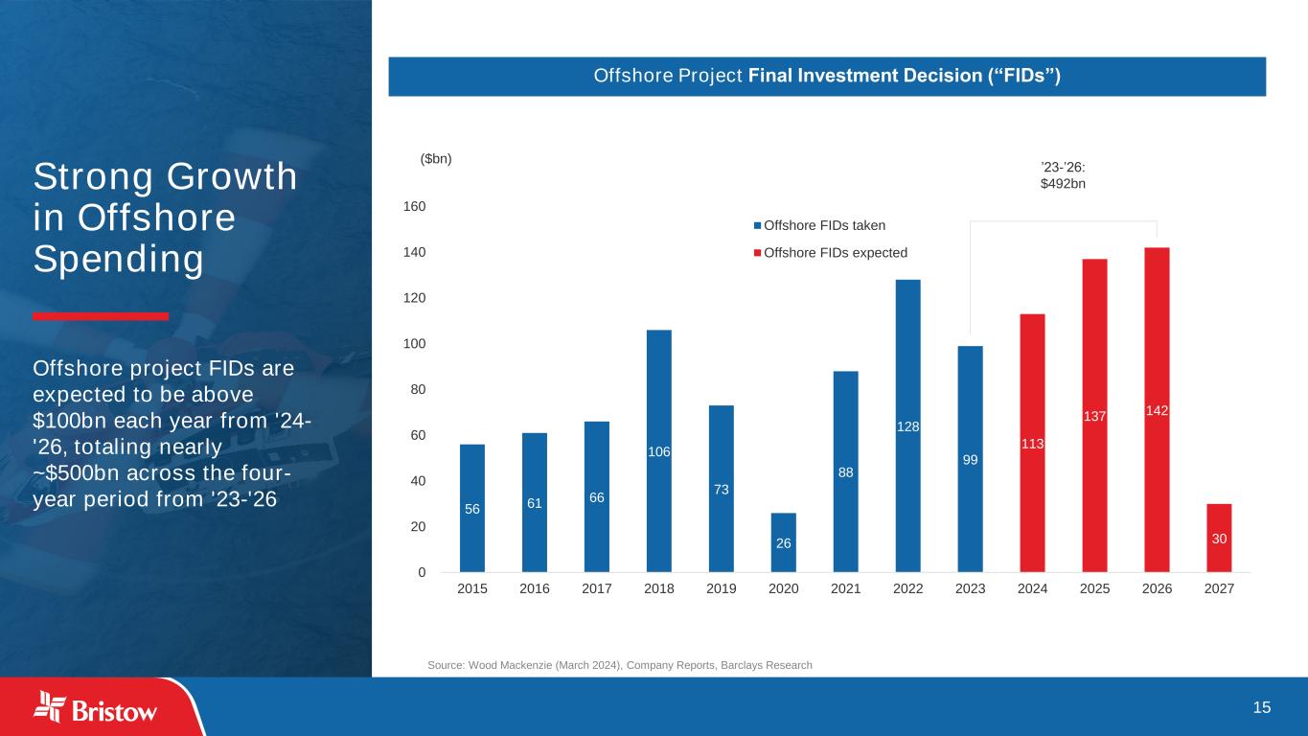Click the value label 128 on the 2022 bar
pyautogui.click(x=908, y=426)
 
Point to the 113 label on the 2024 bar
pyautogui.click(x=1032, y=444)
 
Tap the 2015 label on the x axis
pyautogui.click(x=472, y=589)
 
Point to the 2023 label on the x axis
pyautogui.click(x=970, y=589)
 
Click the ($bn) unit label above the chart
pyautogui.click(x=435, y=159)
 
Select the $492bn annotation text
pyautogui.click(x=1063, y=183)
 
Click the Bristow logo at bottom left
pyautogui.click(x=96, y=708)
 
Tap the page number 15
pyautogui.click(x=1262, y=707)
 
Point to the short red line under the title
pyautogui.click(x=101, y=316)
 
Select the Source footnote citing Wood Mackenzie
pyautogui.click(x=619, y=665)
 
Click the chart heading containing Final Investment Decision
pyautogui.click(x=826, y=77)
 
